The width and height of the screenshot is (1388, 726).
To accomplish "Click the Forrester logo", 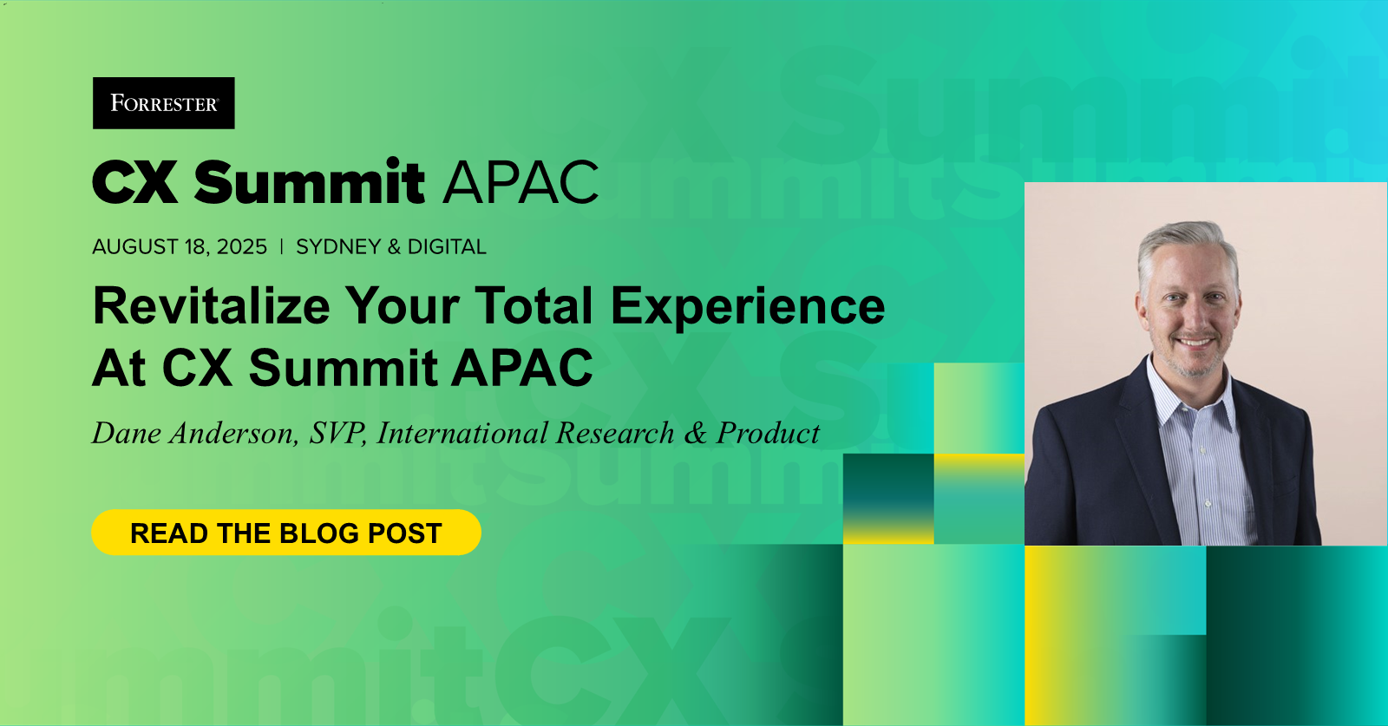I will point(164,103).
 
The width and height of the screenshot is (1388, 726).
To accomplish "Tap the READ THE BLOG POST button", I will point(286,533).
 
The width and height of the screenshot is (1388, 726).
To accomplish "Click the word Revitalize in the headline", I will point(212,306).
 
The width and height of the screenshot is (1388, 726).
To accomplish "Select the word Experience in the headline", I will point(748,306).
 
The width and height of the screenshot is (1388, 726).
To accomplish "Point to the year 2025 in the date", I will point(242,247).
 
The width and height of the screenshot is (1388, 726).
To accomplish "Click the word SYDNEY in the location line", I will point(338,247).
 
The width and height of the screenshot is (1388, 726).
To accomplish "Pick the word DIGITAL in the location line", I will point(447,247).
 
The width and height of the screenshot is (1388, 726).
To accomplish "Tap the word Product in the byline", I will point(768,433).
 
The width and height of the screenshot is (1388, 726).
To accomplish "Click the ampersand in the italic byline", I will point(695,433).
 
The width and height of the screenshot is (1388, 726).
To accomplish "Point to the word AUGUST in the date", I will point(135,247).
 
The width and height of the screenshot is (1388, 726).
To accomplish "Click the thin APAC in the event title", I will point(520,182).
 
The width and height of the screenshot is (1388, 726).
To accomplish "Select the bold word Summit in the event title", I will point(309,182).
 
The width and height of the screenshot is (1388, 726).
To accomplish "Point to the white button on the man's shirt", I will point(1207,503).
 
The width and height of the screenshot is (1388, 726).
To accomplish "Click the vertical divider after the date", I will point(281,247).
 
